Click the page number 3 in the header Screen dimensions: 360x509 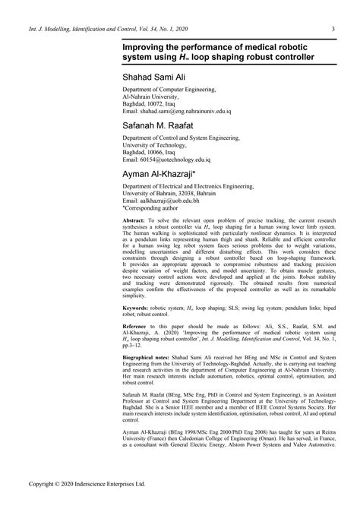pos(334,29)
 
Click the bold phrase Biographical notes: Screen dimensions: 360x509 pos(150,377)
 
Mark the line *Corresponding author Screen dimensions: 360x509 pos(153,207)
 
